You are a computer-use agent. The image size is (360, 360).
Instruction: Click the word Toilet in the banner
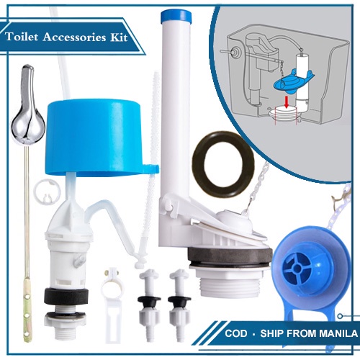[x=22, y=37]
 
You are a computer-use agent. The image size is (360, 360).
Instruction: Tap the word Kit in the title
[x=119, y=37]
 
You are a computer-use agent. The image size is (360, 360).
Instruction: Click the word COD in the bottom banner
[x=236, y=333]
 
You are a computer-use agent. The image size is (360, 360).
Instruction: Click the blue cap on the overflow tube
[x=176, y=17]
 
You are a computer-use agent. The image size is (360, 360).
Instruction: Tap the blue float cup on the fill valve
[x=99, y=137]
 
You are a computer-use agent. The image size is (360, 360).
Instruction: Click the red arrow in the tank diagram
[x=286, y=102]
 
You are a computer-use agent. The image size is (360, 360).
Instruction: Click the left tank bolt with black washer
[x=149, y=305]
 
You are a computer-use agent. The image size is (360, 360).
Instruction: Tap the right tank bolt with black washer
[x=179, y=305]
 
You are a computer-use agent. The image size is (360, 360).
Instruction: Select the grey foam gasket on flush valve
[x=230, y=256]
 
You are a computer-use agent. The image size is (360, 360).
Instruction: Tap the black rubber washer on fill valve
[x=66, y=297]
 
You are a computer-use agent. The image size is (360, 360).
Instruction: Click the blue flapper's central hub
[x=297, y=268]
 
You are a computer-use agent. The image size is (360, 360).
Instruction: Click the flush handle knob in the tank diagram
[x=235, y=51]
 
